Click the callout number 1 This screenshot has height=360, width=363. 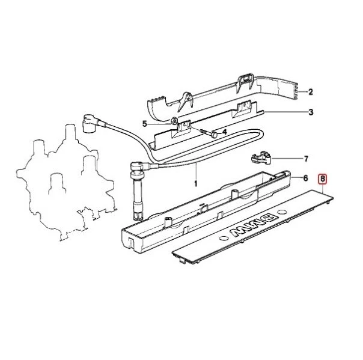coord(195,182)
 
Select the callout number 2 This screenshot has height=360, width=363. coord(311,92)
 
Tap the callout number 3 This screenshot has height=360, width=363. coord(311,112)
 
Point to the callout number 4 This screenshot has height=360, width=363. coord(224,132)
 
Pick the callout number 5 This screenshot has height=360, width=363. coord(145,124)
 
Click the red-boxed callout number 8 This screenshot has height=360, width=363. coord(323,178)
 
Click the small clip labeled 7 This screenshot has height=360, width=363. coord(260,158)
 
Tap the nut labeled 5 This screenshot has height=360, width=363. coord(172,123)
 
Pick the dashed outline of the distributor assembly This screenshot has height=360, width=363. coord(57,180)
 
